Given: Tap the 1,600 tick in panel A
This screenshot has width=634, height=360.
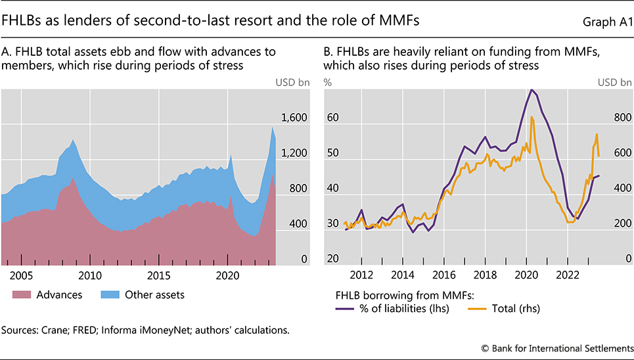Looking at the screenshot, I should pos(294,118).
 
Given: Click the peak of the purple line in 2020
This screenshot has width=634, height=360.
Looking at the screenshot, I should pos(532,89).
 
